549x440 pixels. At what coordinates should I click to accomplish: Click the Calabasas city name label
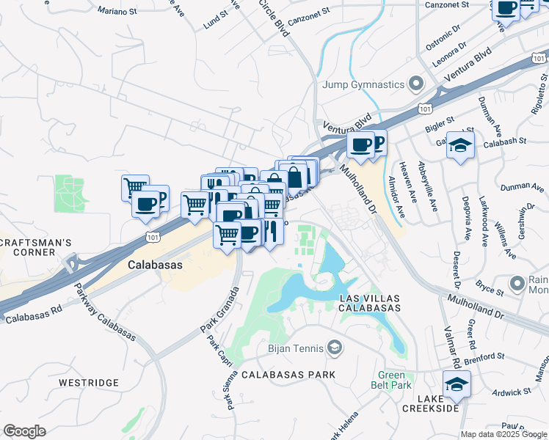[155, 265]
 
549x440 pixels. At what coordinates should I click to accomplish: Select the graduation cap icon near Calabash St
[460, 145]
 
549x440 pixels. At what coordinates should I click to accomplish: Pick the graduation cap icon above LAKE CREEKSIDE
[456, 384]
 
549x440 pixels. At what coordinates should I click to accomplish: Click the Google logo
[24, 431]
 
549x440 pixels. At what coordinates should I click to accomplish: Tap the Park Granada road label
[220, 312]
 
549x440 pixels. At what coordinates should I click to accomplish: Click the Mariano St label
[118, 12]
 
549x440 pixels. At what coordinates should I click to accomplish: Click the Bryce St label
[489, 287]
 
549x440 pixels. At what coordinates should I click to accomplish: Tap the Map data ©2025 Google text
[504, 434]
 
